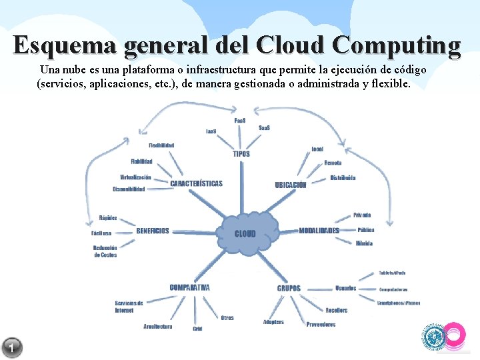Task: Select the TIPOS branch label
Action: (241, 154)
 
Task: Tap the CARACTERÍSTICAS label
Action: (196, 183)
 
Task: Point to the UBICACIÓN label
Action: (291, 185)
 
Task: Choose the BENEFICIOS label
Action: (153, 231)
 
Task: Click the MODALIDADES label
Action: (319, 231)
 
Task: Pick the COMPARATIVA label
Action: (189, 287)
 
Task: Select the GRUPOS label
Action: (289, 288)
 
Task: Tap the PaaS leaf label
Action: (240, 121)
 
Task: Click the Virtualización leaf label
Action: (135, 177)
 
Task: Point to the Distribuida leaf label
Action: (343, 178)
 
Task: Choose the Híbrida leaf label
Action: (364, 243)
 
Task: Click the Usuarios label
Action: (345, 288)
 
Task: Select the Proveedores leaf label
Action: (321, 325)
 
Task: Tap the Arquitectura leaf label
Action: (157, 327)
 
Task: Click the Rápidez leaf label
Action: (108, 218)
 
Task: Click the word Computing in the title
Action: (396, 45)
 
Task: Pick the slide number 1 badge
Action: (12, 347)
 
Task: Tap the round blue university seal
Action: (434, 337)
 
